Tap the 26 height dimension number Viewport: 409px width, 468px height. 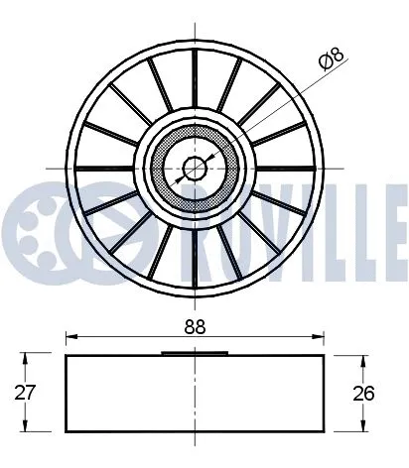[365, 393]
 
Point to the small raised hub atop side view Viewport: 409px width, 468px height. [195, 352]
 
